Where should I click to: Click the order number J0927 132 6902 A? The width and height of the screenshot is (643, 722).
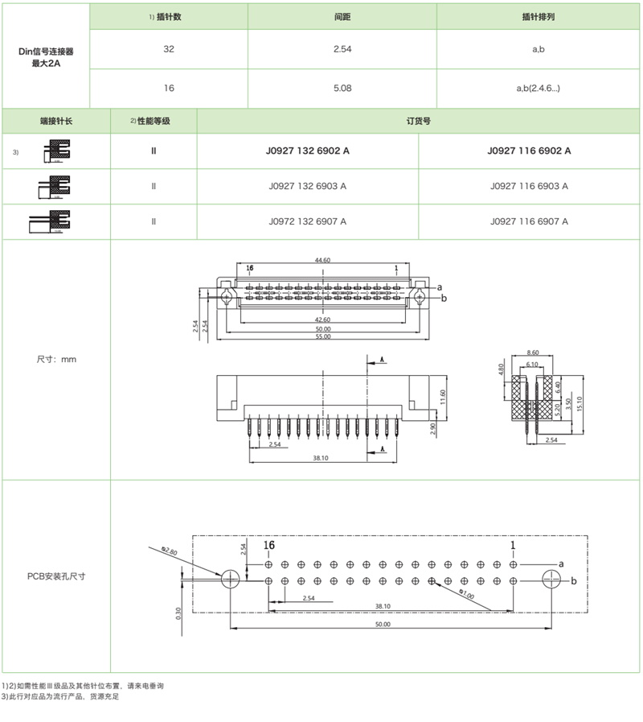pos(308,151)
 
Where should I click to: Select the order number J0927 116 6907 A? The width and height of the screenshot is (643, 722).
pos(529,221)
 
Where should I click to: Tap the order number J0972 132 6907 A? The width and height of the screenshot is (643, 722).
pos(308,221)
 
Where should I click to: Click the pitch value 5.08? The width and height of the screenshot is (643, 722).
pos(342,88)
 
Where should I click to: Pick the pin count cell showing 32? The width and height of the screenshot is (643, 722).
pos(169,49)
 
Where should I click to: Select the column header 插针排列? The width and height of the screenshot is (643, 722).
pos(539,16)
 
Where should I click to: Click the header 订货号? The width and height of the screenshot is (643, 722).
pos(419,121)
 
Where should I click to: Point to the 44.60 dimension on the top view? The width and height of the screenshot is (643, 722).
pos(323,261)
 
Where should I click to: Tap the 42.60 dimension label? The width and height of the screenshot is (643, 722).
pos(322,320)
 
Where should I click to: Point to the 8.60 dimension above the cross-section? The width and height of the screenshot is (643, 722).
pos(532,353)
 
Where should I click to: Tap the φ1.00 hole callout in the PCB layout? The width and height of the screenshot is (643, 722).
pos(465,595)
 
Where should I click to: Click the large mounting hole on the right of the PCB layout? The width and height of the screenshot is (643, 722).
pos(551,580)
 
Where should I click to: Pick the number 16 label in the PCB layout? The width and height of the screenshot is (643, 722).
pos(269,546)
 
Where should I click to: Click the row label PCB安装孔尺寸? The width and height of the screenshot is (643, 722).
pos(56,576)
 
